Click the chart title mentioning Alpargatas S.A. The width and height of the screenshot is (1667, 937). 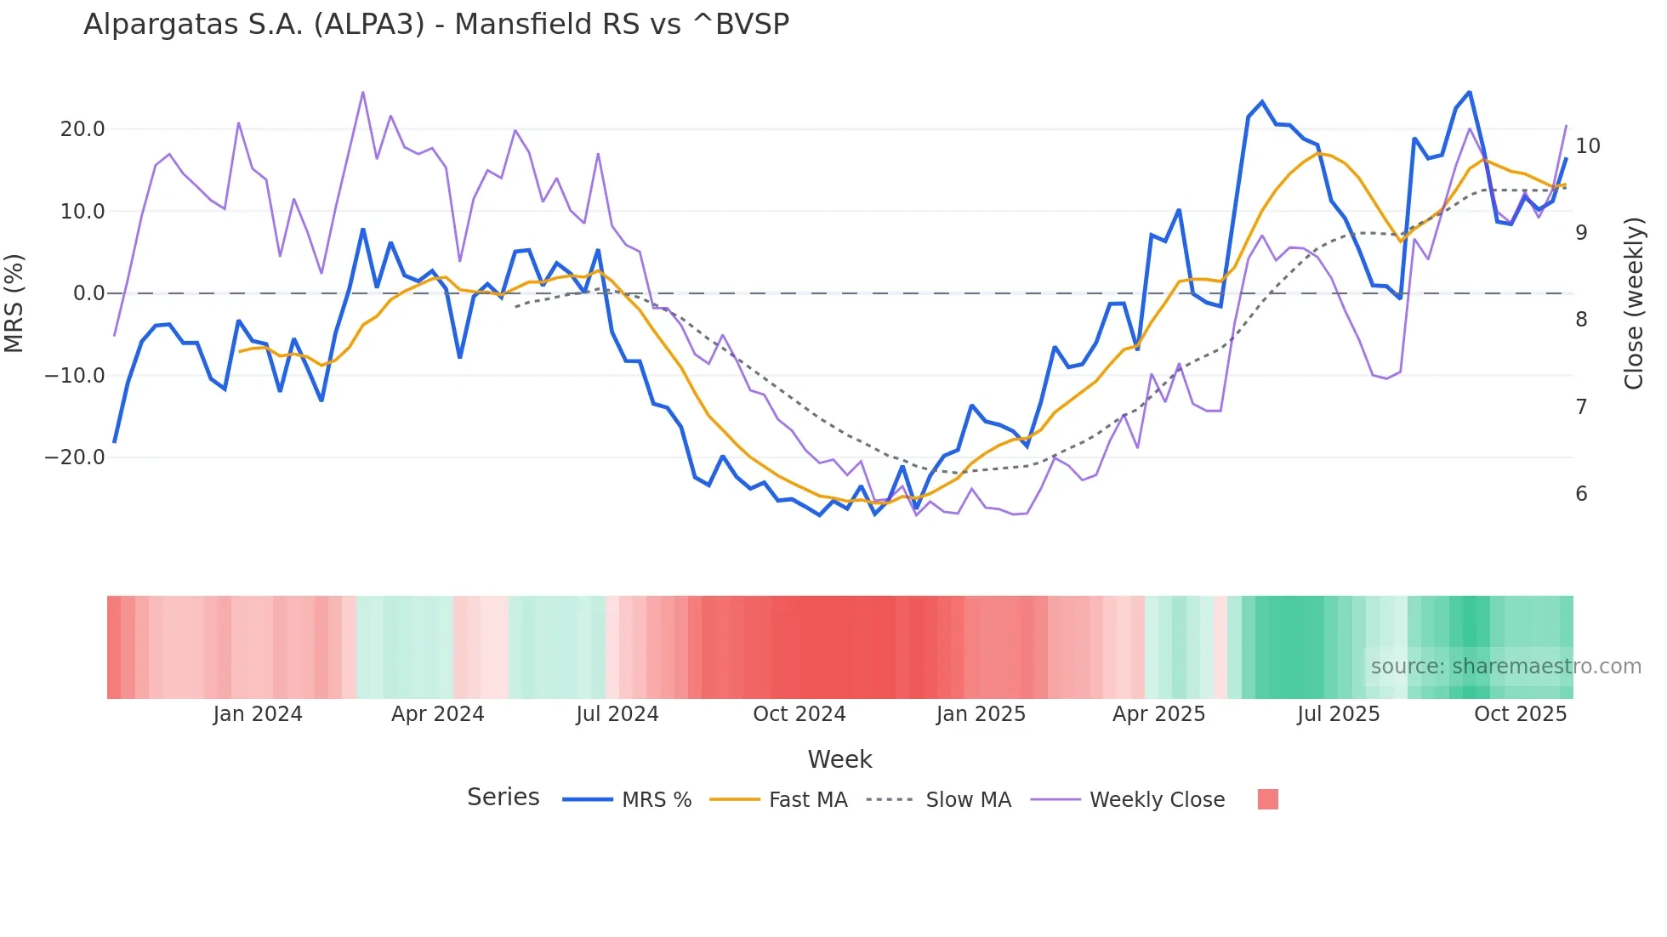436,25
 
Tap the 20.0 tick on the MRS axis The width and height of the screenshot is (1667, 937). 82,129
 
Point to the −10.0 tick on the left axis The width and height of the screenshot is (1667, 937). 76,376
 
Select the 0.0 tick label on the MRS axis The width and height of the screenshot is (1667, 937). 88,293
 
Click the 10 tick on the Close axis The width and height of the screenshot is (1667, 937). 1587,146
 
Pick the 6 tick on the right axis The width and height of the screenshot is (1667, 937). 1581,494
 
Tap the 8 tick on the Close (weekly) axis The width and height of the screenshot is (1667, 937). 1581,320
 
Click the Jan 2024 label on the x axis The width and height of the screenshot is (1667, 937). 258,714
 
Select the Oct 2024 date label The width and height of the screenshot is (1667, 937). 799,714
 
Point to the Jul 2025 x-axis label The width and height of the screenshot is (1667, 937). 1338,714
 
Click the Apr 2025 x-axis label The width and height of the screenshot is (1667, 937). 1158,714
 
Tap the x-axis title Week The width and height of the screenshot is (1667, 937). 839,759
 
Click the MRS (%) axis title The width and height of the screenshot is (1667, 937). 14,303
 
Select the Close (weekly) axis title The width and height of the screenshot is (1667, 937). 1633,303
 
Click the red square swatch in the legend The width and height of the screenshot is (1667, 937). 1267,799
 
